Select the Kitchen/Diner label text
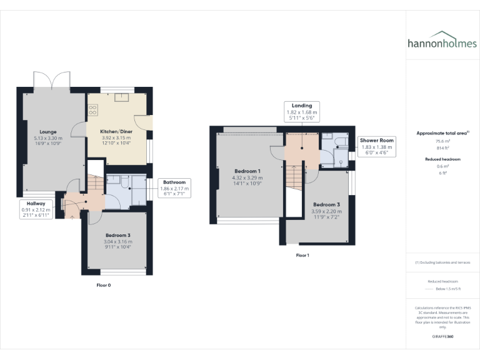pyautogui.click(x=117, y=132)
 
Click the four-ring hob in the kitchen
pyautogui.click(x=93, y=109)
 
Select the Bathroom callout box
pyautogui.click(x=174, y=186)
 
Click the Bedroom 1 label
pyautogui.click(x=247, y=171)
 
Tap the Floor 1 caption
pyautogui.click(x=302, y=255)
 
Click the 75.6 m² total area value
pyautogui.click(x=442, y=141)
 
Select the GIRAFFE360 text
pyautogui.click(x=442, y=336)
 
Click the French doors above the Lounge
pyautogui.click(x=52, y=81)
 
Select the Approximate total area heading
pyautogui.click(x=442, y=133)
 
